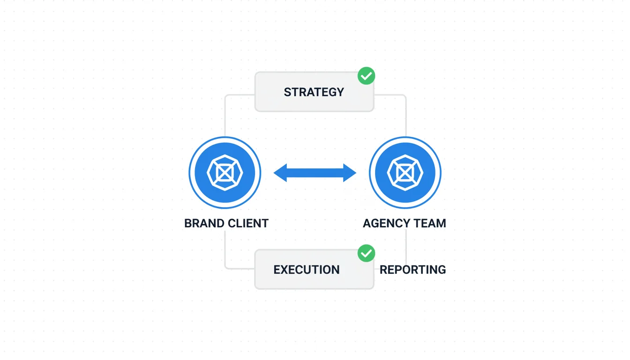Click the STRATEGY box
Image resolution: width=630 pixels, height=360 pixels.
(314, 92)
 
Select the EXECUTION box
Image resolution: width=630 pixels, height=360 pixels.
(314, 270)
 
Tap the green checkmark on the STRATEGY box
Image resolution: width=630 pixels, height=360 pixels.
(366, 75)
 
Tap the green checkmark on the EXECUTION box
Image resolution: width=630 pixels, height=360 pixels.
(366, 253)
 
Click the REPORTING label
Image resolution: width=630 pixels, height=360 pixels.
(412, 270)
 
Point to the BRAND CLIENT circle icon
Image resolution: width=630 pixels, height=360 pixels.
(225, 172)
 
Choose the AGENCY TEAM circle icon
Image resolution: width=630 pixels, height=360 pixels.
(405, 172)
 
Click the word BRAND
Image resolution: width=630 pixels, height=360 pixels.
(203, 223)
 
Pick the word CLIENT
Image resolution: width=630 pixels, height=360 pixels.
(247, 223)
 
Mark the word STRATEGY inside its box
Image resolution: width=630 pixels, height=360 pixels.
(314, 92)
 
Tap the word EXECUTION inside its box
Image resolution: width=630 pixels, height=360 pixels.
(307, 270)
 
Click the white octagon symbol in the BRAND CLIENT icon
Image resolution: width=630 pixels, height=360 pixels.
(225, 172)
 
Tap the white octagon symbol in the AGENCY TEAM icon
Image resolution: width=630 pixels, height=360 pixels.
(405, 172)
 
